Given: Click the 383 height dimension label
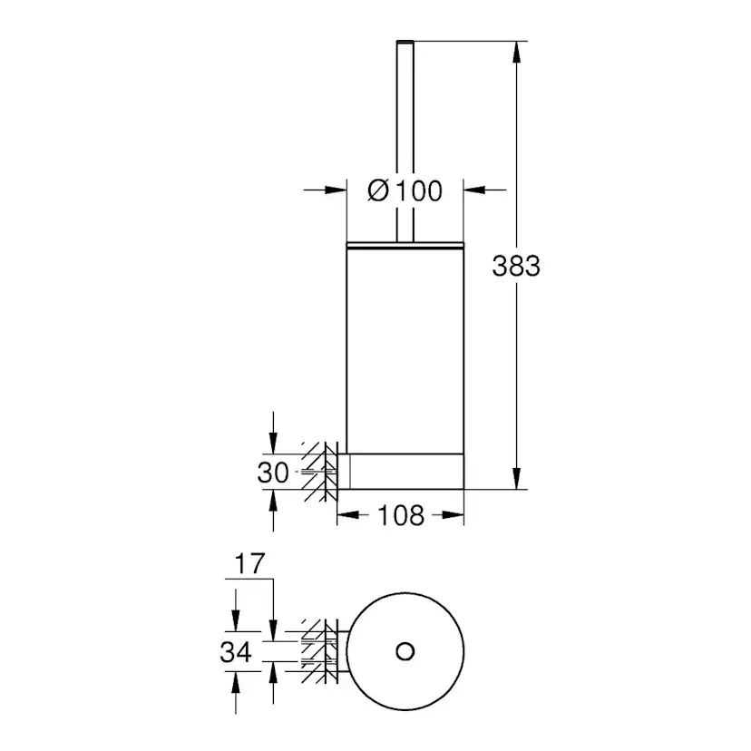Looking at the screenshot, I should pos(516,266).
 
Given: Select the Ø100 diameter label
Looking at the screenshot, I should pos(405,190).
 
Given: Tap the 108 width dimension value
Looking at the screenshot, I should pos(400,515).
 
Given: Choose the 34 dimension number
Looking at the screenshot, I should pos(236,651).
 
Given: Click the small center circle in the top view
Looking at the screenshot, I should pos(405,650).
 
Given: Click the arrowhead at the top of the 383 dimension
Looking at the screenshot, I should pos(517,49).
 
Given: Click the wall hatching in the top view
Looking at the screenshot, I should pos(317,650).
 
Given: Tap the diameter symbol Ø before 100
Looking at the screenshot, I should pos(379,190).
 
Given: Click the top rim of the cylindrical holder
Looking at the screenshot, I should pos(405,243).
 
